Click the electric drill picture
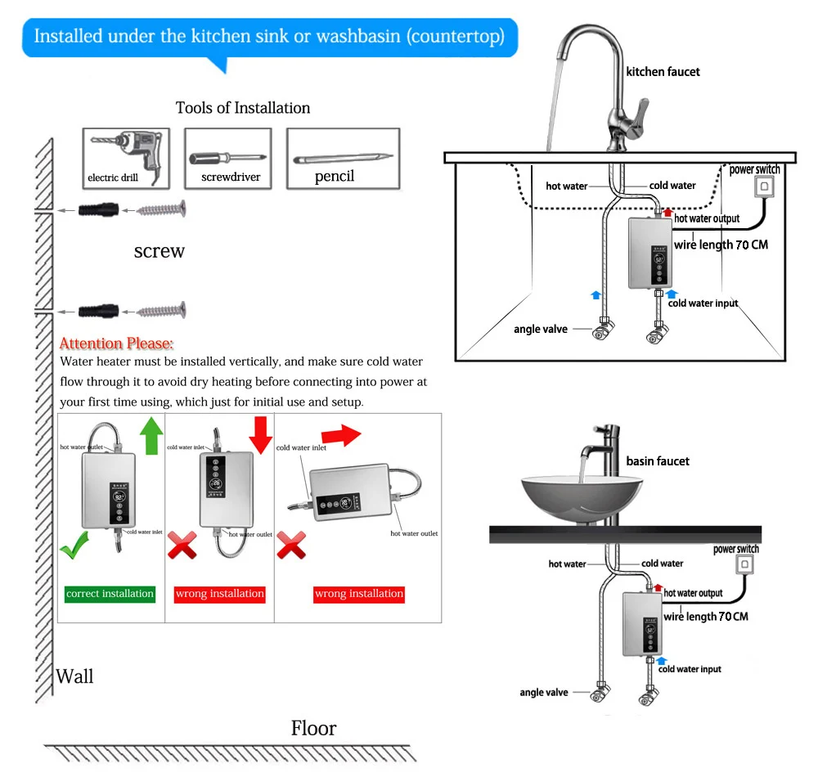coord(125,156)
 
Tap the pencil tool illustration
coord(342,156)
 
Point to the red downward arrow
coord(260,433)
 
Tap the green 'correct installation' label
coord(110,594)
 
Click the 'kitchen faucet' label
coord(663,72)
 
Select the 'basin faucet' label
coord(658,461)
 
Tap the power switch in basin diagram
coord(745,565)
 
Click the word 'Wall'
coord(74,676)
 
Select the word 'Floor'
coord(313,728)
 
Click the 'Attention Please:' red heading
coord(117,344)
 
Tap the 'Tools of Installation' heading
coord(243,108)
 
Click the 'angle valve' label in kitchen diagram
coord(539,330)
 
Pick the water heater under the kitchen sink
coord(652,253)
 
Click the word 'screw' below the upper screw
coord(159,251)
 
